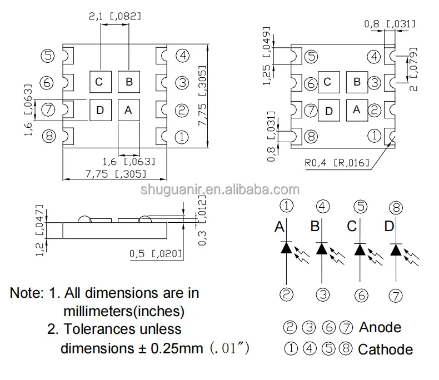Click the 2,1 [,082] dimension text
[114, 17]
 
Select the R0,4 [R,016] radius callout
[337, 162]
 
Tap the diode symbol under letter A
[286, 248]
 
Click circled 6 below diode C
[361, 295]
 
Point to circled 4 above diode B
[322, 207]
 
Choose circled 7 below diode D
[396, 295]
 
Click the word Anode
[380, 327]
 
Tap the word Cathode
[385, 349]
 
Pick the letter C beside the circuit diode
[352, 227]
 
